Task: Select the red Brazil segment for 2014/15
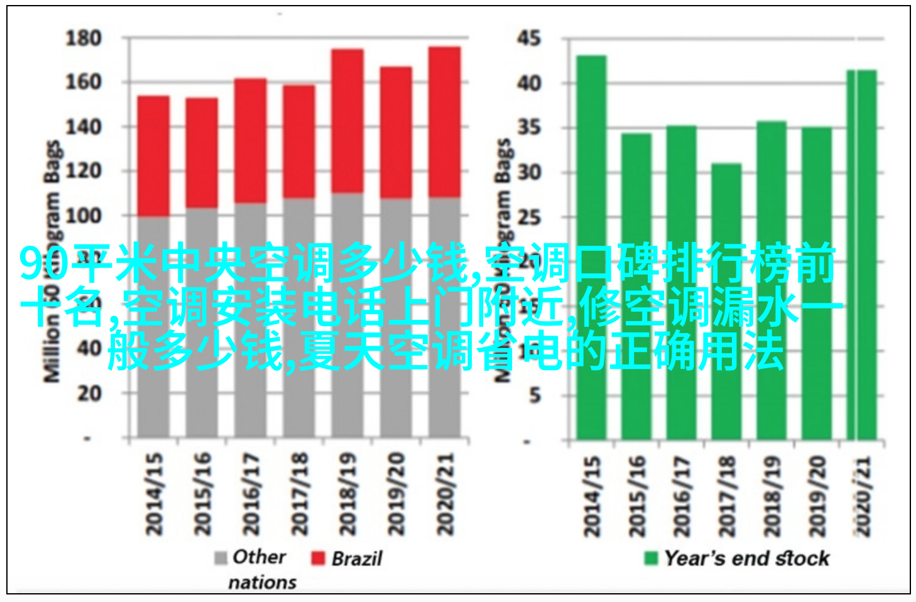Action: click(153, 156)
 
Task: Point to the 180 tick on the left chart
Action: click(84, 39)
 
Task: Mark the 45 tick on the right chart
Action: click(529, 39)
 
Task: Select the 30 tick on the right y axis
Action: click(529, 172)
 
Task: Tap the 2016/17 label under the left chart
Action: click(250, 494)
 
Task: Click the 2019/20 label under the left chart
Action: click(396, 494)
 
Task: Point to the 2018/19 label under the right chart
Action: click(771, 496)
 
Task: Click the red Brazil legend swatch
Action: click(318, 558)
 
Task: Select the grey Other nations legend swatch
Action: click(221, 558)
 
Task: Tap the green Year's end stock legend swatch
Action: click(651, 558)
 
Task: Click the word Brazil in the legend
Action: click(356, 558)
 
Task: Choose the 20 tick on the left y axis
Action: click(89, 394)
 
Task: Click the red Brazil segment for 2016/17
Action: click(250, 140)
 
